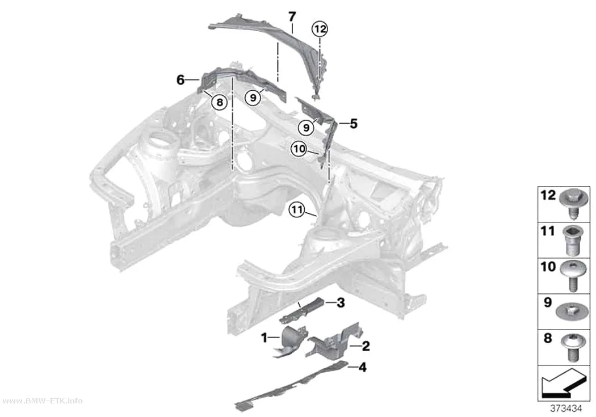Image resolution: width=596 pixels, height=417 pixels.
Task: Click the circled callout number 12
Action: (x=320, y=29)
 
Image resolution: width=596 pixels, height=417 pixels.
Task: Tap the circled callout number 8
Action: (x=220, y=102)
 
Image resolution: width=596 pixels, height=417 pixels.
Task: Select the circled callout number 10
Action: (x=299, y=149)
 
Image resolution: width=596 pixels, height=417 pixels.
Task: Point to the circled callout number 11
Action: (x=296, y=210)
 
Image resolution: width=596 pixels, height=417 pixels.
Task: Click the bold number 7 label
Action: (x=292, y=16)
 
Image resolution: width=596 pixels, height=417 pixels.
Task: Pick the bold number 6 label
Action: (x=181, y=80)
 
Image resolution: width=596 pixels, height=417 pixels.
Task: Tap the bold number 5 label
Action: (x=354, y=124)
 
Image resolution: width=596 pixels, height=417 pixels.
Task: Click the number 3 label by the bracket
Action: (x=341, y=303)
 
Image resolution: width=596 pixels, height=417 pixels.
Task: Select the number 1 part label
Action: (x=264, y=337)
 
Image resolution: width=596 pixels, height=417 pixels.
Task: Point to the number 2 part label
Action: (x=366, y=346)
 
